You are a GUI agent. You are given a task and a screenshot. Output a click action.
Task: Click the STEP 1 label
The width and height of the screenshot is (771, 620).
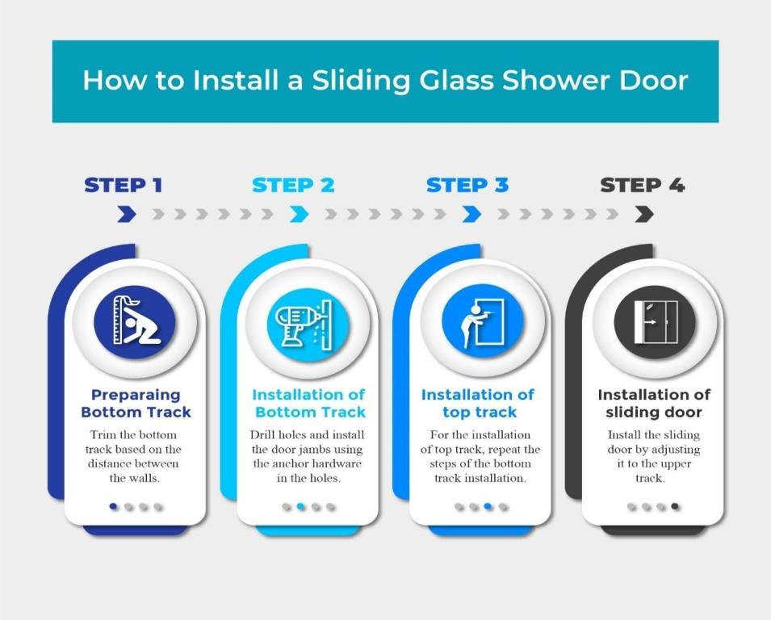(124, 185)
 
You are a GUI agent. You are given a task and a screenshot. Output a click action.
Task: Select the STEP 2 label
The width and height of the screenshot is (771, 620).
(293, 185)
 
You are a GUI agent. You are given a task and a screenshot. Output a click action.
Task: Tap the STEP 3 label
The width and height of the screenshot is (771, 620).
(467, 185)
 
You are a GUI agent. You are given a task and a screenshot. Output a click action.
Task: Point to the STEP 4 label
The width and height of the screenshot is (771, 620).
(643, 185)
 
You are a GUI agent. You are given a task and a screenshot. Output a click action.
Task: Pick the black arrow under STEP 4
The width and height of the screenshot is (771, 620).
(643, 214)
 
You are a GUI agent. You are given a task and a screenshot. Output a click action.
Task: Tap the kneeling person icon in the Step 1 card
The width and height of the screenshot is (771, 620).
(134, 322)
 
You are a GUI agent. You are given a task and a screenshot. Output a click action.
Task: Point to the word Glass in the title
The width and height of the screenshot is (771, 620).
(455, 81)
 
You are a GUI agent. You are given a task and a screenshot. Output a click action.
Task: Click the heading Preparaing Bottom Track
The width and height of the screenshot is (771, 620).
(136, 404)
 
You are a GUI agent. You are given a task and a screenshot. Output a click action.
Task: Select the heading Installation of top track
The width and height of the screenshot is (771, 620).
(478, 404)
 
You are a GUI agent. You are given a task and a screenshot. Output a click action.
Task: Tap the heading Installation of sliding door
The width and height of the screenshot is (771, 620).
(654, 404)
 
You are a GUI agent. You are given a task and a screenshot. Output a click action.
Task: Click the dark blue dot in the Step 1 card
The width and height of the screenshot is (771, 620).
(114, 507)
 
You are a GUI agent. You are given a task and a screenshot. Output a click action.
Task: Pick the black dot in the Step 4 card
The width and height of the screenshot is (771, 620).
(675, 507)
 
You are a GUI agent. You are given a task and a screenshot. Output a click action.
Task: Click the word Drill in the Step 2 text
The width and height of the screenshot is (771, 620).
(263, 435)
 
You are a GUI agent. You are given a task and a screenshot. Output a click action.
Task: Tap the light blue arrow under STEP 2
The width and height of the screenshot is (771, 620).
(300, 214)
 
